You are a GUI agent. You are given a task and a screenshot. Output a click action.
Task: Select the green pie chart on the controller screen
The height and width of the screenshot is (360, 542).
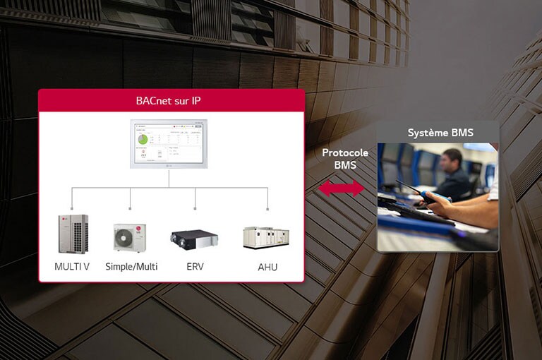coord(143,139)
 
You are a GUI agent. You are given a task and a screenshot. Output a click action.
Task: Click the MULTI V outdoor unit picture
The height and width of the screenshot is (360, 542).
coord(73,234)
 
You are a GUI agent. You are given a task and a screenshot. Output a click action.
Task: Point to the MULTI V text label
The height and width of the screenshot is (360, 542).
coord(72,266)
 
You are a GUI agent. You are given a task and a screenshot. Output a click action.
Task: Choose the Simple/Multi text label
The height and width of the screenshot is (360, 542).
coord(131,266)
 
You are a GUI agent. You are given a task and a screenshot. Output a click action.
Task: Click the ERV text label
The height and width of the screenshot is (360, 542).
coord(195,266)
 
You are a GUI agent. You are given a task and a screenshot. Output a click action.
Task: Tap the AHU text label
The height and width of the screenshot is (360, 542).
coord(267,266)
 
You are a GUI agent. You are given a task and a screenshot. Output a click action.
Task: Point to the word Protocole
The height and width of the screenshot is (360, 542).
coord(344,152)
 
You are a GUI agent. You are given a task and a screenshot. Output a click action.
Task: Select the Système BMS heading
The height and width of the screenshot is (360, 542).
coord(440,133)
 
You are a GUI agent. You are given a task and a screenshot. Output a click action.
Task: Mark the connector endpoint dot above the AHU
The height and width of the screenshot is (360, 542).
coord(267,209)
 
